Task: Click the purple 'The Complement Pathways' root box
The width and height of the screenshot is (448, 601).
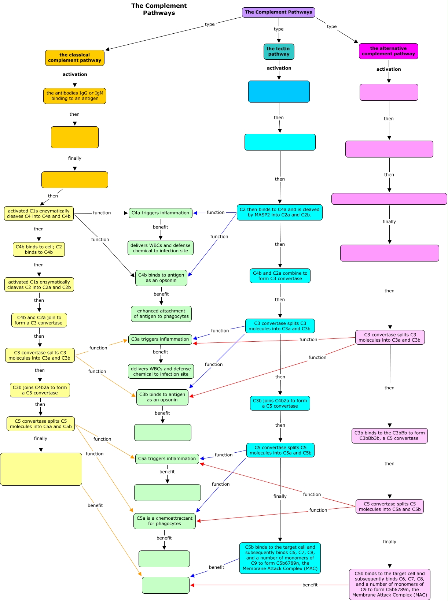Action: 278,12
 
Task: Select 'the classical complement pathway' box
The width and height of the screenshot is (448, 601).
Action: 75,58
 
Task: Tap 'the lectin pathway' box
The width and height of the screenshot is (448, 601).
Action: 279,52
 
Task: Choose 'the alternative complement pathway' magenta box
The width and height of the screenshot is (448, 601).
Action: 388,51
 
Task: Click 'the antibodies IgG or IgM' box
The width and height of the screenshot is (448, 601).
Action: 75,96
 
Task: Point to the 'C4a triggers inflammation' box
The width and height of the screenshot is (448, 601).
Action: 160,213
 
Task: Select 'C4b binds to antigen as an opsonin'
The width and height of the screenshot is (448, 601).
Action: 161,278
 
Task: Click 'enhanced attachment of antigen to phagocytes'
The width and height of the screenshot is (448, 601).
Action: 161,314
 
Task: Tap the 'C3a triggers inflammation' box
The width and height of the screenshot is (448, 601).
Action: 160,339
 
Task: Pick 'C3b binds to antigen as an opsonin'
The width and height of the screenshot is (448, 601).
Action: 162,397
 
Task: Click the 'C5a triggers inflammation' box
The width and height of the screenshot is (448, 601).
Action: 167,459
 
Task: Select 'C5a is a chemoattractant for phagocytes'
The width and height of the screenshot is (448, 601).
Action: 165,521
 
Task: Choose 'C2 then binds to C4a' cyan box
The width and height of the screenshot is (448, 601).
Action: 279,212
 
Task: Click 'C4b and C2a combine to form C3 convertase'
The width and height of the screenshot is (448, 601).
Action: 280,276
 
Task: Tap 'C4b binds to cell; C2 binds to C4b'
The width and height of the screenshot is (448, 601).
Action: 39,249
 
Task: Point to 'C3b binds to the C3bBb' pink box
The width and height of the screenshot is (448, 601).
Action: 389,436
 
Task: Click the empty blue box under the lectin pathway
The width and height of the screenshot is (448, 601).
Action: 279,92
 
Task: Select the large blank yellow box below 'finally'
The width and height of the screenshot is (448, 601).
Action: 41,469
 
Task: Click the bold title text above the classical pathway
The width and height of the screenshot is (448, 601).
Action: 159,9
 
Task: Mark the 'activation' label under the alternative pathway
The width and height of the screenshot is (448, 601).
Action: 389,69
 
